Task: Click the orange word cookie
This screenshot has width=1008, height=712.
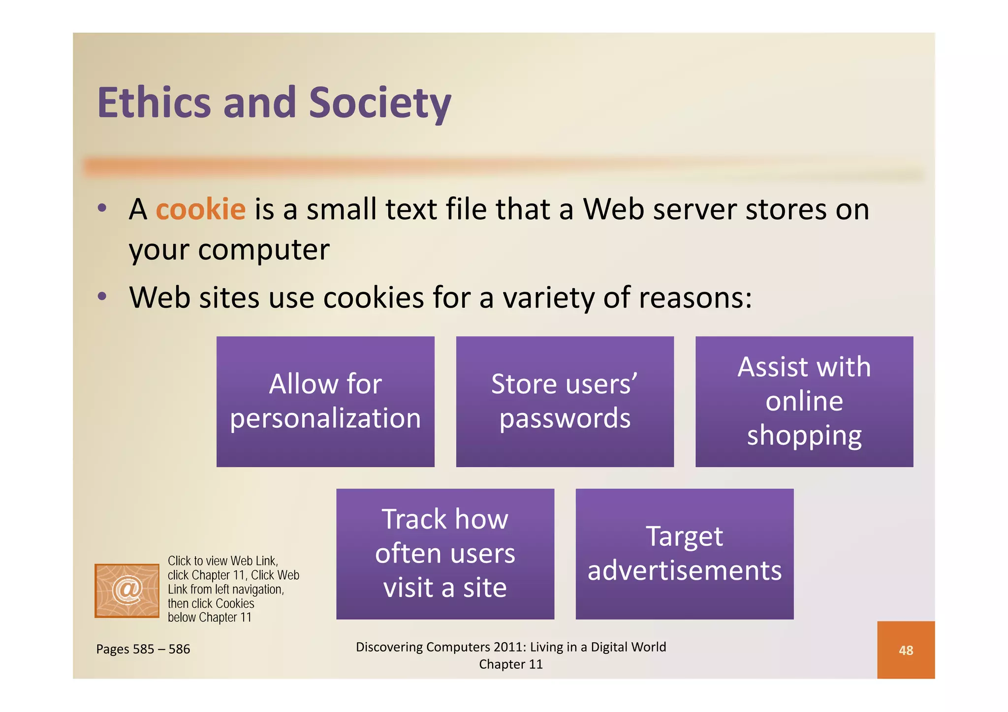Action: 200,209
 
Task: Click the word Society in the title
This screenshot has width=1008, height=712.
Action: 379,103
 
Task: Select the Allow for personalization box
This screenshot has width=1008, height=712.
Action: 325,401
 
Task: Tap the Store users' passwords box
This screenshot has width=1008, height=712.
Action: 565,401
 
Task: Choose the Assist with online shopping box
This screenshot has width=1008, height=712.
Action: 804,401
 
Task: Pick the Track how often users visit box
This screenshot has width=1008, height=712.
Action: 445,554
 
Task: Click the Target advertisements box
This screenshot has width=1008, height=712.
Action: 684,554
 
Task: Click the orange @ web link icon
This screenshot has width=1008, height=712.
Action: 127,591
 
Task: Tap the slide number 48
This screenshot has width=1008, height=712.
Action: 906,650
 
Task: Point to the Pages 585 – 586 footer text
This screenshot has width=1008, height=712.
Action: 143,649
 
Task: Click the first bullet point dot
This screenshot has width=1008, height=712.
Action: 102,208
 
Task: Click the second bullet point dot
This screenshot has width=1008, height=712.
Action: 102,297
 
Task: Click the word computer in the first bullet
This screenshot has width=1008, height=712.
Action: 263,250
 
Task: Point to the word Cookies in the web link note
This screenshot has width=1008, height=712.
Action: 235,603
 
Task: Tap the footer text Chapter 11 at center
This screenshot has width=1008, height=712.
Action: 511,664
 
